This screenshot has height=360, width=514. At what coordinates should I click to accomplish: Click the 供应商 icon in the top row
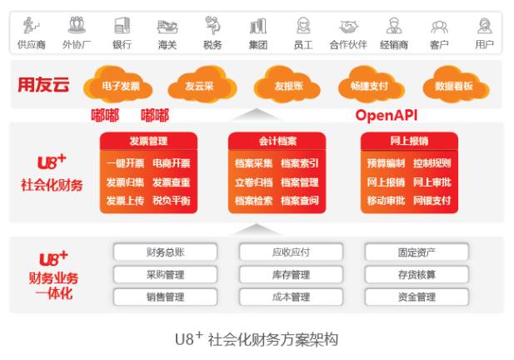tap(32, 25)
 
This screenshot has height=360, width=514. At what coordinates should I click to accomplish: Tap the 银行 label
tap(122, 44)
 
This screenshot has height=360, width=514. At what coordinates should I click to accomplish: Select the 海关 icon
tap(167, 25)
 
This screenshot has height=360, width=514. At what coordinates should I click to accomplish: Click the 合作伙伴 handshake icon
tap(347, 25)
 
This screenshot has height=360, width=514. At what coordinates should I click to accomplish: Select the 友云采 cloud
tap(197, 85)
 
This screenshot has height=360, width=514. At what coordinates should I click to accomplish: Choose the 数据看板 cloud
tap(454, 85)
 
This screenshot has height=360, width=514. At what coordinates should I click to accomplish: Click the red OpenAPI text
tap(387, 115)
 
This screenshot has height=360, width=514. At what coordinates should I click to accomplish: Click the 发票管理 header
tap(148, 141)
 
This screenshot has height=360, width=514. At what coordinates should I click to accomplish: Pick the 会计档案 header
tap(277, 141)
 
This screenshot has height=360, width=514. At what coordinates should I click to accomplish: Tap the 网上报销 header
tap(408, 141)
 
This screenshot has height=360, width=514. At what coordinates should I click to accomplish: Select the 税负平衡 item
tap(171, 200)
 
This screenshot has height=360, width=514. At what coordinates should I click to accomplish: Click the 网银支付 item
tap(432, 200)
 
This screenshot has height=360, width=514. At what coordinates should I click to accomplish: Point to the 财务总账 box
tap(165, 252)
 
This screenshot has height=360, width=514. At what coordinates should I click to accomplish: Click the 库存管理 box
tap(291, 274)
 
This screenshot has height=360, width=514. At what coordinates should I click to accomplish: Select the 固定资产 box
tap(417, 252)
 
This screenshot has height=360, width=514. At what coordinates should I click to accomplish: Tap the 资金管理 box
tap(417, 297)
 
